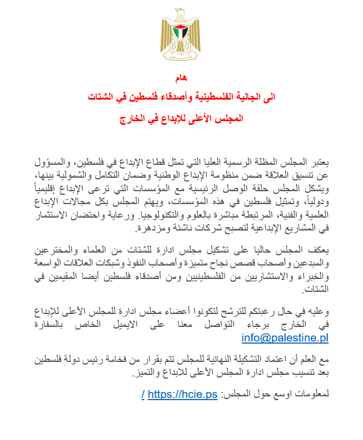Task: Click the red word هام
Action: tap(181, 79)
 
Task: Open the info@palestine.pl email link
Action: tap(285, 338)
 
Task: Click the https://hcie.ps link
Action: tap(183, 394)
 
